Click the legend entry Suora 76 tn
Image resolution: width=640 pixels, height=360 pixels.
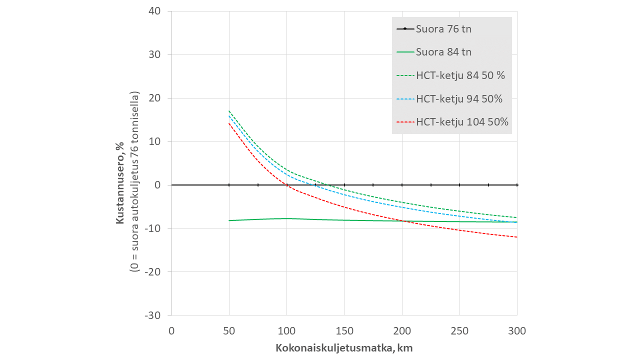click(x=443, y=29)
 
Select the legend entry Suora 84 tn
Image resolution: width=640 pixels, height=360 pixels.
click(x=443, y=52)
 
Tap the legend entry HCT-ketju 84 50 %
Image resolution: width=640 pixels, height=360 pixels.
click(x=460, y=75)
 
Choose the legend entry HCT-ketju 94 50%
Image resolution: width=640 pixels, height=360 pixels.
click(x=459, y=98)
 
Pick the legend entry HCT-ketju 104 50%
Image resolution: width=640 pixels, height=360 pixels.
click(x=462, y=122)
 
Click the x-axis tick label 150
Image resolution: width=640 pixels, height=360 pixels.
click(x=344, y=330)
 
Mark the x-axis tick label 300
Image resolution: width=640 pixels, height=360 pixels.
click(x=517, y=330)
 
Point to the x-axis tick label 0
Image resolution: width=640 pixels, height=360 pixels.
click(x=171, y=330)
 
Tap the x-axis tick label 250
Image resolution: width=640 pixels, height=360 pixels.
click(x=459, y=330)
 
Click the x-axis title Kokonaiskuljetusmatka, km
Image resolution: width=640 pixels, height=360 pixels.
click(x=344, y=347)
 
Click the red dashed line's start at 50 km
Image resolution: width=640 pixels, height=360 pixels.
click(x=229, y=123)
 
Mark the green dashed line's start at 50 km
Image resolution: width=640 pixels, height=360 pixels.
click(x=229, y=111)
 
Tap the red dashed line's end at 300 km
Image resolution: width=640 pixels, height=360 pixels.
click(x=517, y=237)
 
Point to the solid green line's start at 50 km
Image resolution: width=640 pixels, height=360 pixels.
click(x=229, y=220)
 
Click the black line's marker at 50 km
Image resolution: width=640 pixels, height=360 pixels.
click(x=229, y=185)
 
